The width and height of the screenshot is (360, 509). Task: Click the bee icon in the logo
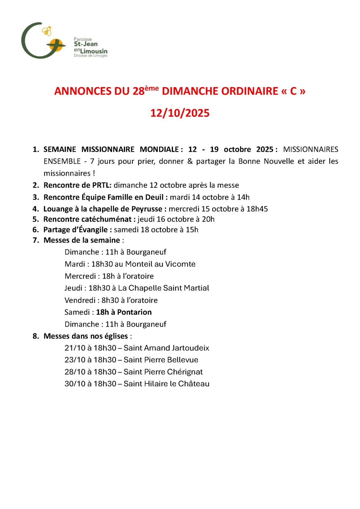click(47, 31)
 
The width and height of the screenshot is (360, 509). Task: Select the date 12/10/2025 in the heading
click(180, 113)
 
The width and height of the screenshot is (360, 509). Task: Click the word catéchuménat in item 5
click(109, 219)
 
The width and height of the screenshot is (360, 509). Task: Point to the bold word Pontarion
click(134, 312)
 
